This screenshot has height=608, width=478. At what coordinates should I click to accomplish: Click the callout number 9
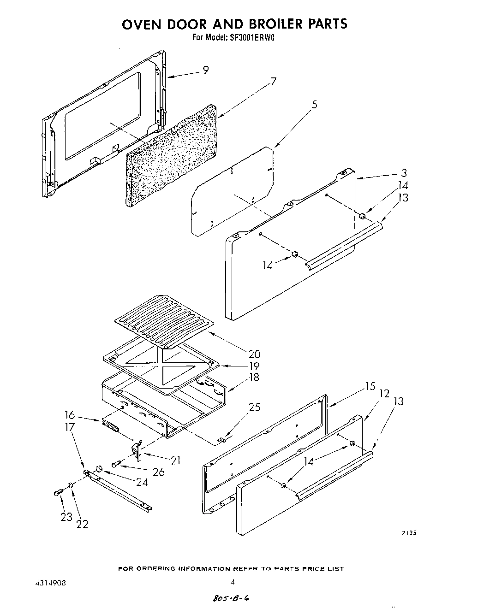pos(206,70)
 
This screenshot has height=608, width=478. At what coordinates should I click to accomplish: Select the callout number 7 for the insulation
pos(274,82)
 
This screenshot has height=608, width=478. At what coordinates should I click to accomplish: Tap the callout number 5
pos(314,105)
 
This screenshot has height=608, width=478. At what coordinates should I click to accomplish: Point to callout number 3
pos(404,173)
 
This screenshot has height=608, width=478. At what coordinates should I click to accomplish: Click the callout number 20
pos(254,354)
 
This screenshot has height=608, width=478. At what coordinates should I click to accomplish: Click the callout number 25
pos(254,407)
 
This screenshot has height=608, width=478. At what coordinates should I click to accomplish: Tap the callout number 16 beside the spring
pos(70,415)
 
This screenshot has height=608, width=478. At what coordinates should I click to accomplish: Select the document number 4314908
pos(50,583)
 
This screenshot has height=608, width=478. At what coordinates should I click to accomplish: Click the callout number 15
pos(370,386)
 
